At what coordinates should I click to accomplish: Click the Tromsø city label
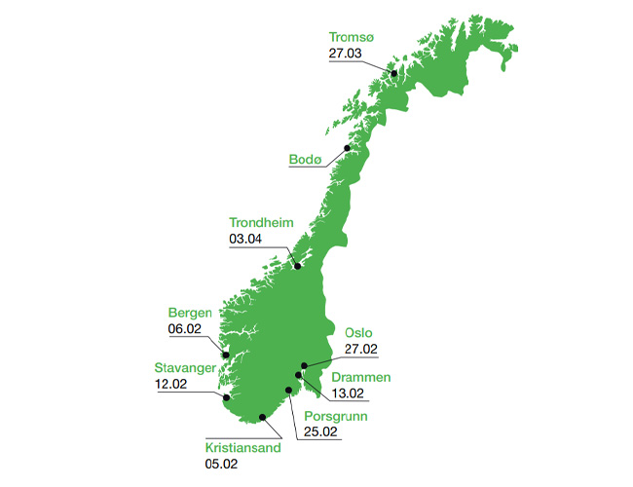pos(352,38)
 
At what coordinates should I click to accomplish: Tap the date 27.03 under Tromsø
pos(345,55)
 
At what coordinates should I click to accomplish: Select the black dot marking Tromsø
pos(394,73)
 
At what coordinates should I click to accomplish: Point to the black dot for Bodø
pos(348,148)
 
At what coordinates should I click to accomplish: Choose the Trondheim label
pos(260,222)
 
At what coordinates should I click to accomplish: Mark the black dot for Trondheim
pos(298,267)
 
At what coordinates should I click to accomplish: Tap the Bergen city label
pos(191,314)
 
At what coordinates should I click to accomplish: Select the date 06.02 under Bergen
pos(184,330)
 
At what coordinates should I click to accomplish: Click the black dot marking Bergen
pos(226,355)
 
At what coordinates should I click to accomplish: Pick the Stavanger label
pos(186,367)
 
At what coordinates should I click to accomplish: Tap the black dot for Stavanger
pos(226,397)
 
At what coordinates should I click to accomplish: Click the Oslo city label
pos(358,332)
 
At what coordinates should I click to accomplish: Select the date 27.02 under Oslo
pos(360,349)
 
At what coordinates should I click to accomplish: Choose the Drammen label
pos(363,377)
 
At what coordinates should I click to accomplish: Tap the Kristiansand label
pos(242,448)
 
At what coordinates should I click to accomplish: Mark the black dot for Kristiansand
pos(263,417)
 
